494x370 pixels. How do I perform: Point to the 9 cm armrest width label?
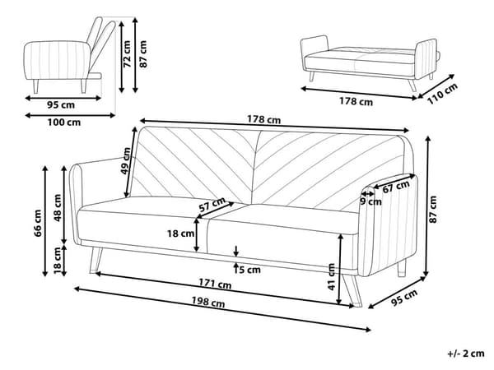point(373,201)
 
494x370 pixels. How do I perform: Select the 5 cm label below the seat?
point(248,268)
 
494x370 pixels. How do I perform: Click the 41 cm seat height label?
point(331,277)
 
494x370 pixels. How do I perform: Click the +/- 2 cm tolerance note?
point(465,354)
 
